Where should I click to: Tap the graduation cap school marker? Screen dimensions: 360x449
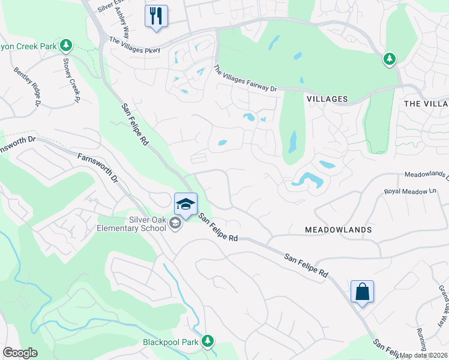point(186,204)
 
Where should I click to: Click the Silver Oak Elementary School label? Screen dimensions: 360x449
point(131,224)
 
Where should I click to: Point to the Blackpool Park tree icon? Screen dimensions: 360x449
point(208,341)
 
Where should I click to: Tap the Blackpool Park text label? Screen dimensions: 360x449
point(170,342)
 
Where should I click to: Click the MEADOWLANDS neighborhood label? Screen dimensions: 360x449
point(338,230)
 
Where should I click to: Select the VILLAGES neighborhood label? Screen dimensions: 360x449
point(327,98)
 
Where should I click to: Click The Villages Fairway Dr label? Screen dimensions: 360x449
point(245,79)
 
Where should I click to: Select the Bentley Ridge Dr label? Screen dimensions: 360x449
point(27,86)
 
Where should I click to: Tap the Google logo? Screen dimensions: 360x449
point(20,353)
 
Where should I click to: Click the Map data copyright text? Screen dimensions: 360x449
point(424,355)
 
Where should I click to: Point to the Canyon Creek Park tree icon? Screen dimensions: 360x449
point(66,45)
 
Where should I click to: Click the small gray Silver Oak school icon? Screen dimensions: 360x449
point(175,224)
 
